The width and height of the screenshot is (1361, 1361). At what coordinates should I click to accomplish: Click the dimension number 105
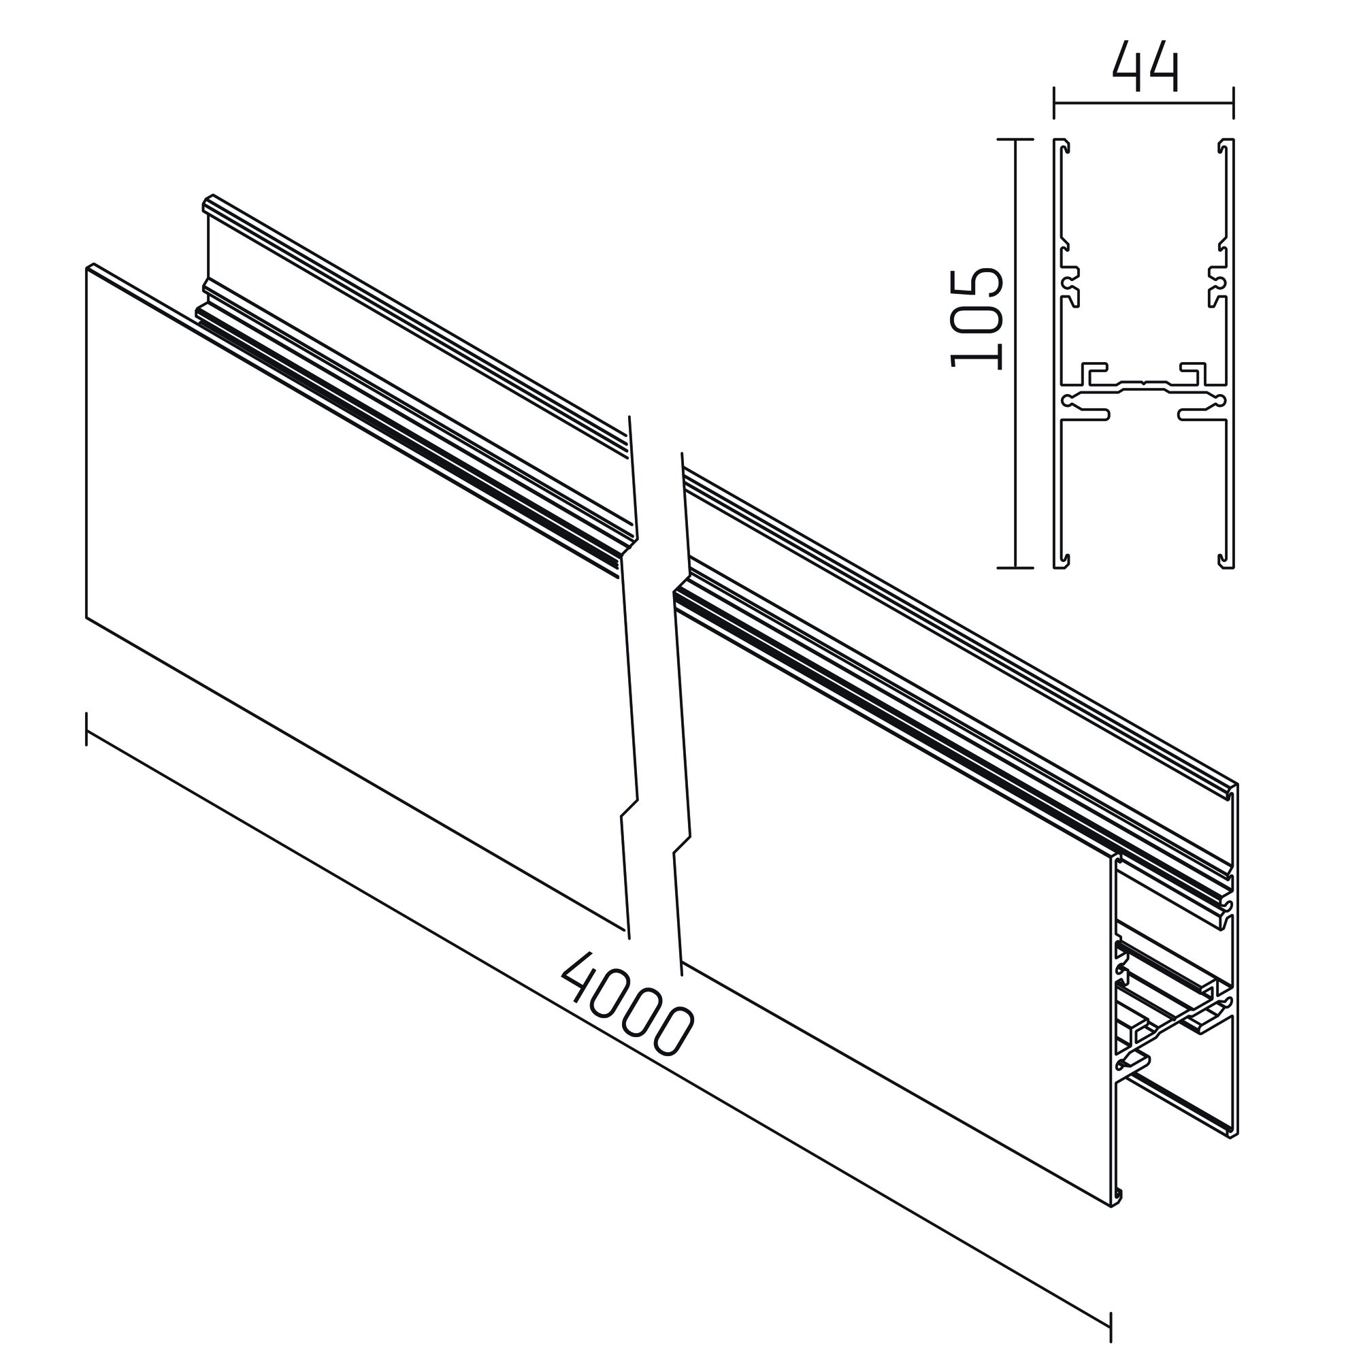[x=976, y=318]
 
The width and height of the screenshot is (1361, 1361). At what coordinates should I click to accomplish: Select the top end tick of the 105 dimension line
[x=1015, y=140]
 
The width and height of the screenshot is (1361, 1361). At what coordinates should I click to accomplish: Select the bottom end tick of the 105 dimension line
[x=1015, y=567]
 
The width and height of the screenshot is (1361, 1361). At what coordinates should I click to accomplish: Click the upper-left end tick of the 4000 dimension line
[x=86, y=729]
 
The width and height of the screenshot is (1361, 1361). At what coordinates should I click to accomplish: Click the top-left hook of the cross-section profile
[x=1064, y=146]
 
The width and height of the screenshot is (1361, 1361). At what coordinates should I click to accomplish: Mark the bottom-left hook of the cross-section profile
[x=1064, y=561]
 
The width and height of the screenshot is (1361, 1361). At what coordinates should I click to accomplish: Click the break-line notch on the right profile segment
[x=682, y=845]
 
